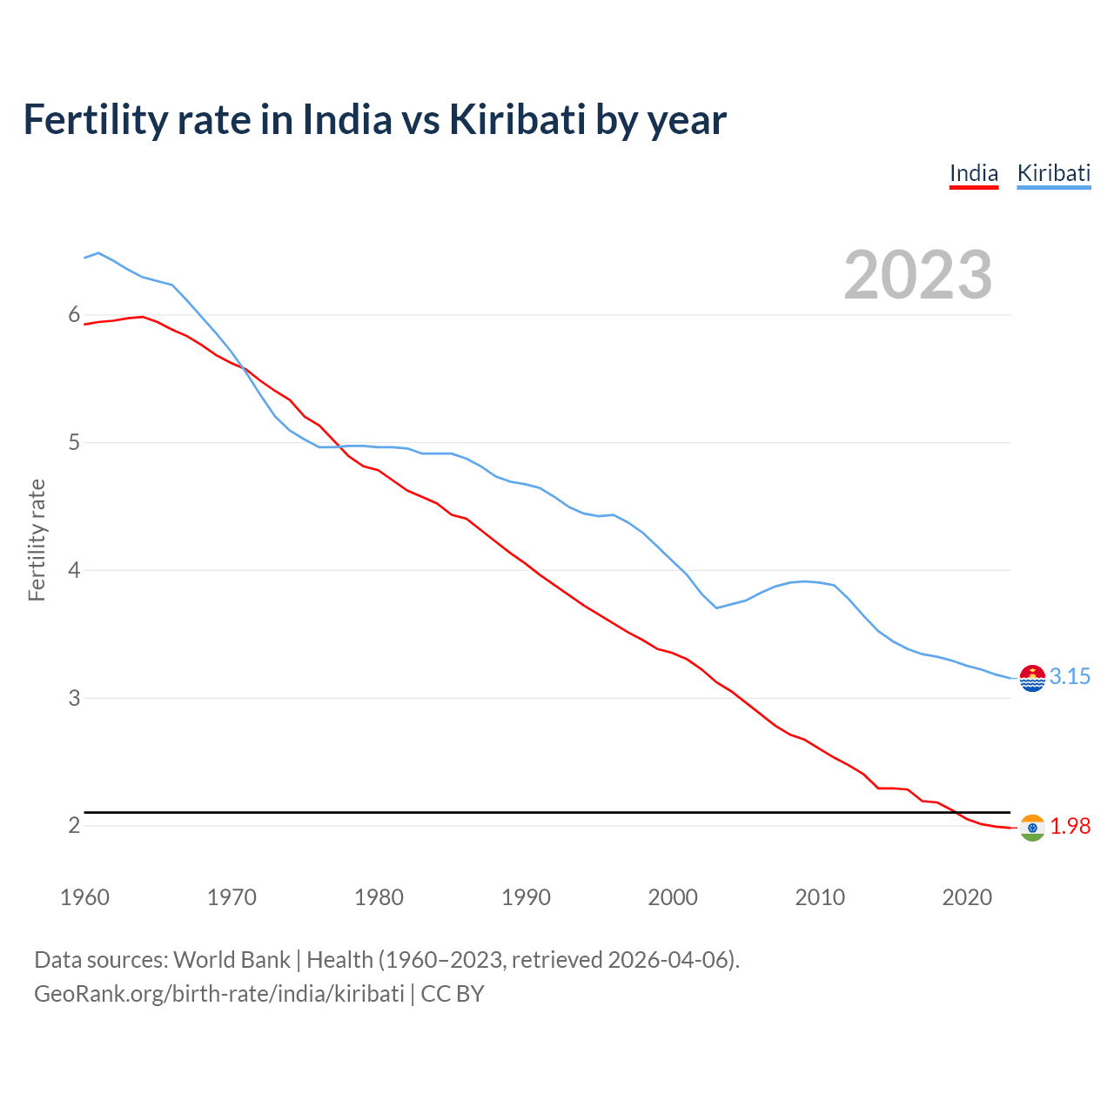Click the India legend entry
click(973, 173)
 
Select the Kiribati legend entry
click(1053, 173)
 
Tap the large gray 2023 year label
click(918, 275)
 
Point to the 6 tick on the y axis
click(74, 315)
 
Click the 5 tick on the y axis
click(74, 442)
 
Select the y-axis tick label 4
click(74, 570)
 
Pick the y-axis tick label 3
click(74, 698)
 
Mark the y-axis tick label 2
click(74, 825)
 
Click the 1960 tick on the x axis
click(84, 897)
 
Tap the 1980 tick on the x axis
click(379, 897)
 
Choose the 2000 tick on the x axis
click(673, 897)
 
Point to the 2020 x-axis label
click(967, 897)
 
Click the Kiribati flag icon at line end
click(1032, 677)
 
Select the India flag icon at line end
click(1032, 828)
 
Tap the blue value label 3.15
click(1070, 677)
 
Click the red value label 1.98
click(1070, 827)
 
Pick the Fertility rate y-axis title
click(37, 540)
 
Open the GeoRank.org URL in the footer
click(219, 994)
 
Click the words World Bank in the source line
click(232, 960)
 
